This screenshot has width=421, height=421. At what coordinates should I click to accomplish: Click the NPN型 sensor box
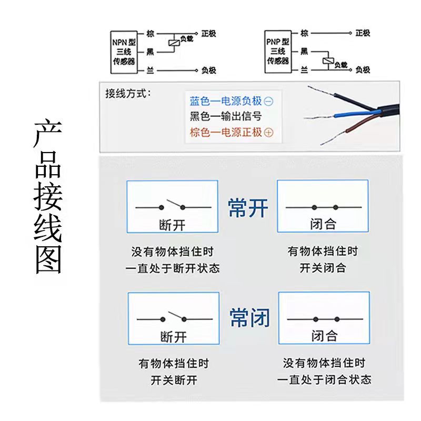pos(124,52)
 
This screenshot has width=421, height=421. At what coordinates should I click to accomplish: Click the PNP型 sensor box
pos(278,52)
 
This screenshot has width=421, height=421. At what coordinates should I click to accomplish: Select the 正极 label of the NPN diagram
pos(208,34)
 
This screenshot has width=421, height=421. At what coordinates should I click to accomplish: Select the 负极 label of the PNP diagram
pos(363,70)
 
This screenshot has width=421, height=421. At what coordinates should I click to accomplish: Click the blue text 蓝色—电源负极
pos(226,101)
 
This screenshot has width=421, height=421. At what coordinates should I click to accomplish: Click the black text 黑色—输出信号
pos(226,116)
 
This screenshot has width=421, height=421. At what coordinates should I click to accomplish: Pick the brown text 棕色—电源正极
pos(226,132)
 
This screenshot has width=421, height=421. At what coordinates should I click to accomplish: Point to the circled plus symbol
pos(268,133)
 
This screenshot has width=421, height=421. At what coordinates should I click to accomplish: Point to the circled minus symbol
pos(268,102)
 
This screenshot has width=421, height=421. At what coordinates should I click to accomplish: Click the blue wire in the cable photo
pos(354,114)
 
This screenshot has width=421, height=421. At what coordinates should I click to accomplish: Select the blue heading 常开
pos(248,208)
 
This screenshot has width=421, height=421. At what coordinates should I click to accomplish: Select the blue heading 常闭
pos(249,318)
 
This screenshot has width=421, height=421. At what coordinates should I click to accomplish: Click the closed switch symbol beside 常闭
pos(325,319)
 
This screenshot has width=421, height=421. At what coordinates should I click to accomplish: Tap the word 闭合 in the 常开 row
pos(323,224)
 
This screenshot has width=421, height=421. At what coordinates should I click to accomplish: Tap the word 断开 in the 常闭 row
pos(174,337)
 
